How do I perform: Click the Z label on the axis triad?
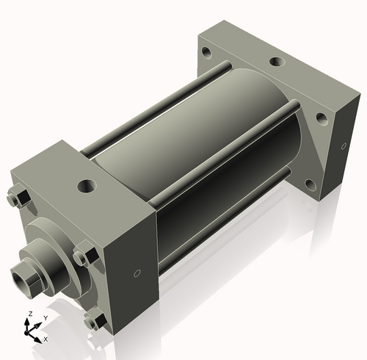(29, 314)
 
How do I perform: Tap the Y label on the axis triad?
(45, 317)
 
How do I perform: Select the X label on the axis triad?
(46, 339)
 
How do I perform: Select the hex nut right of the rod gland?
(82, 257)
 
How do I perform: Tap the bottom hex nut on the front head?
(92, 320)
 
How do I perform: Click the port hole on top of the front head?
(88, 184)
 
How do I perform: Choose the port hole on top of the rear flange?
(277, 63)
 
